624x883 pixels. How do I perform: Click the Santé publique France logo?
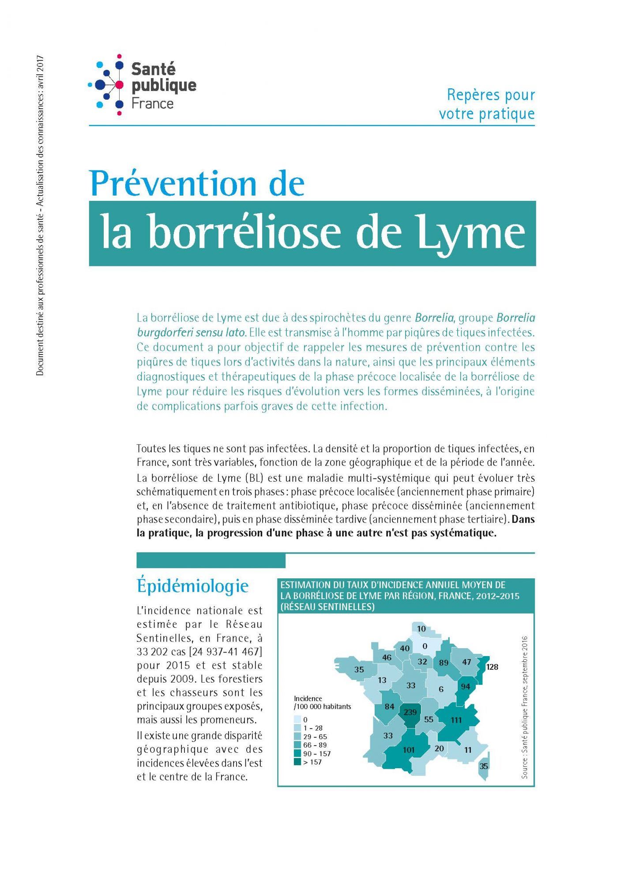coord(142,85)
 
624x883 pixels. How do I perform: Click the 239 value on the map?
coord(410,712)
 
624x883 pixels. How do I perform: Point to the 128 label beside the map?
coord(492,667)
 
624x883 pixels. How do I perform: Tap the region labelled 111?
coord(456,720)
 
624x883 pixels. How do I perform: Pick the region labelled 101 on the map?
coord(409,750)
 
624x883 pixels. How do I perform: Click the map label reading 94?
coord(465,687)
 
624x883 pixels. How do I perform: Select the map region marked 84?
coord(389,706)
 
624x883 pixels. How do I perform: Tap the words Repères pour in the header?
coord(491,94)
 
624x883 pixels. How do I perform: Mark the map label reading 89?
coord(444,662)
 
